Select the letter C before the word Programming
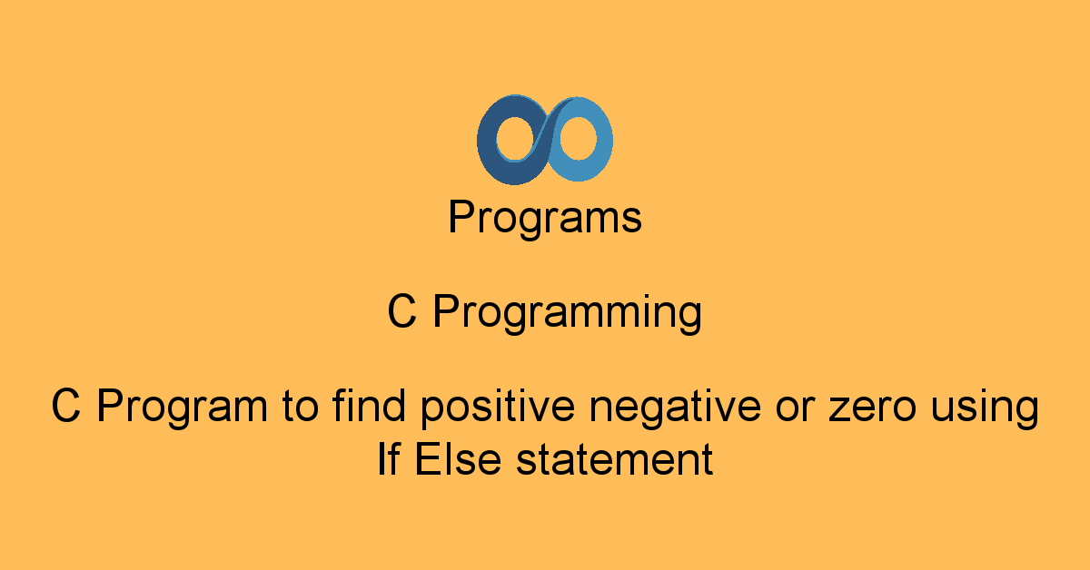401,313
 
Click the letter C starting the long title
66,407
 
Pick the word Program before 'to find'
180,408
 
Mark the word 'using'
986,408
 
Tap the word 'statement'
614,460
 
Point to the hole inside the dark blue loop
514,141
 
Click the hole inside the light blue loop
577,141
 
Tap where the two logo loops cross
545,141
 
